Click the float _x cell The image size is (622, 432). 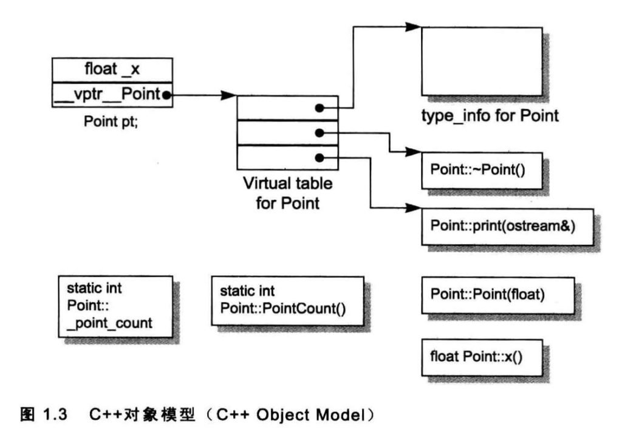pos(112,69)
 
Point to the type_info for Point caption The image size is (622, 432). pos(490,115)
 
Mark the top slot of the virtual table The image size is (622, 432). pos(287,108)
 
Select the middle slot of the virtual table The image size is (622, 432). pos(287,132)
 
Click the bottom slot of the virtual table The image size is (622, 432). pos(287,157)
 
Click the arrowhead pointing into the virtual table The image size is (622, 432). pos(229,95)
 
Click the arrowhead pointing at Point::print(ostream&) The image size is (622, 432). pos(414,208)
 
